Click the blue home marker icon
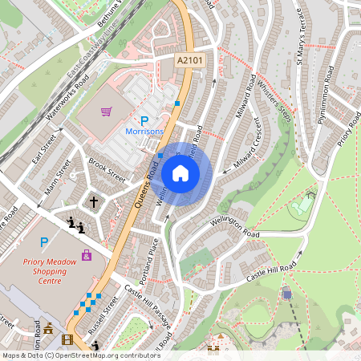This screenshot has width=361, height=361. (180, 172)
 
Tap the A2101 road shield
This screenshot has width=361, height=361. (189, 59)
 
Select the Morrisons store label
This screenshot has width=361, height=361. (144, 131)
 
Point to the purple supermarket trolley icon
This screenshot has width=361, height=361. (107, 112)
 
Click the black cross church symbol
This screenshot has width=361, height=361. (93, 201)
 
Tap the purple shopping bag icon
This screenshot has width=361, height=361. (86, 257)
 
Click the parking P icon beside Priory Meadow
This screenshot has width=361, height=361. (44, 241)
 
